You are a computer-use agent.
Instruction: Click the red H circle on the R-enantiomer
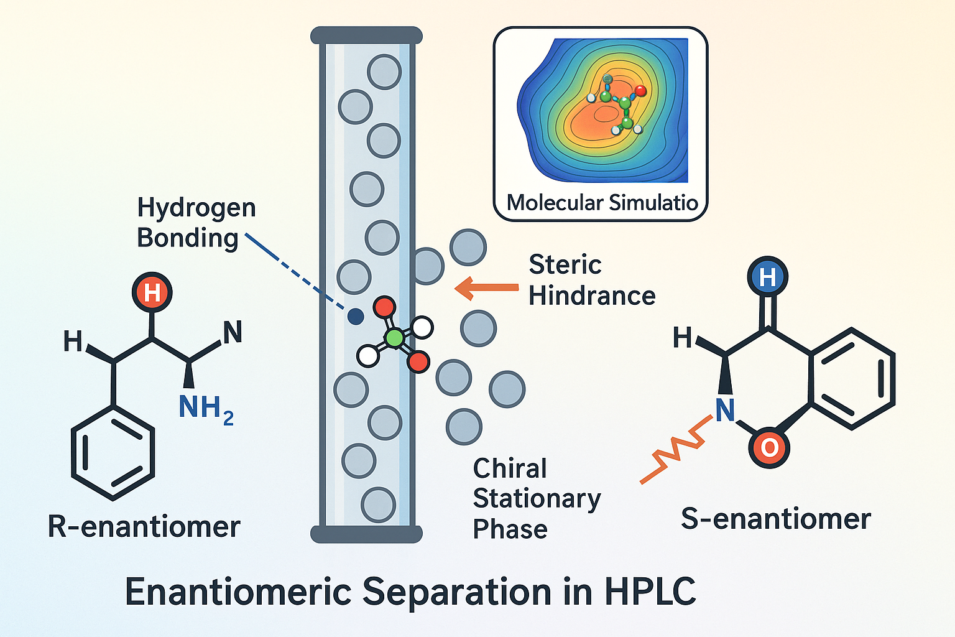tap(152, 292)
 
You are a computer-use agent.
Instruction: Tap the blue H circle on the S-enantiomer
tap(768, 277)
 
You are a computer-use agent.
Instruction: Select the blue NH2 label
tap(206, 409)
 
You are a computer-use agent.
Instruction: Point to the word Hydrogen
tap(196, 208)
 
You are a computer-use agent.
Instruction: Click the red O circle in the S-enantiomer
tap(769, 447)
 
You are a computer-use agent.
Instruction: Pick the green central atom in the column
tap(394, 338)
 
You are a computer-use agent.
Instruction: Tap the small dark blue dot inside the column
tap(356, 317)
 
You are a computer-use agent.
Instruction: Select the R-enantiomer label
tap(144, 527)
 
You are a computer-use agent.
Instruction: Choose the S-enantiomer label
tap(776, 519)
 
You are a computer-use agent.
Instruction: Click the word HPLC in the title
tap(650, 592)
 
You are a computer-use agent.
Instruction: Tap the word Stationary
tap(537, 498)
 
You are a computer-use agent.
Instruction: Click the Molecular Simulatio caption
tap(602, 203)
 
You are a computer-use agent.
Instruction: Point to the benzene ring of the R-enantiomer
tap(113, 452)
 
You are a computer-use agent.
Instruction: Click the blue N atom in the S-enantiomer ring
tap(725, 410)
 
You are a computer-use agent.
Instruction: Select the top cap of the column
tap(366, 35)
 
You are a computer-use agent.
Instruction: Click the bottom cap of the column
tap(366, 534)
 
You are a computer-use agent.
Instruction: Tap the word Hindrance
tap(592, 296)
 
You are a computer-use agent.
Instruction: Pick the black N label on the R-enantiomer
tap(233, 333)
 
